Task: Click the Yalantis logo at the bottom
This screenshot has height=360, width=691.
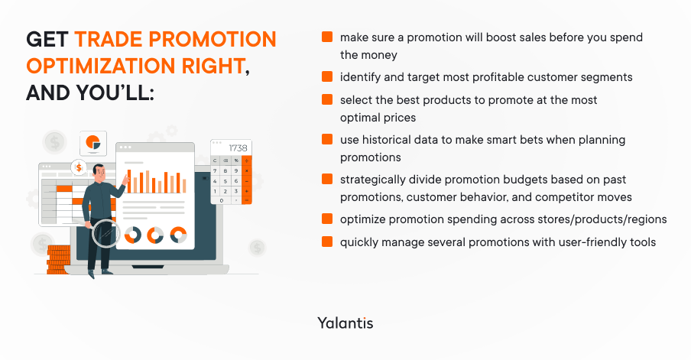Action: [345, 323]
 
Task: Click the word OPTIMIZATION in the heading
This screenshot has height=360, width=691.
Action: [99, 66]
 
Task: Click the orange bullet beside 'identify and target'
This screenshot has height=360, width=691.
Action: [326, 77]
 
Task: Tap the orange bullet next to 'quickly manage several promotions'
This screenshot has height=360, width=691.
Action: [326, 242]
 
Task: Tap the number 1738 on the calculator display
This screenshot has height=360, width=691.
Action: [238, 148]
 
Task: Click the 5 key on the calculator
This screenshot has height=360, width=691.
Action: [225, 180]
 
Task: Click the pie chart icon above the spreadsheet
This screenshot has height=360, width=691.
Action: [93, 143]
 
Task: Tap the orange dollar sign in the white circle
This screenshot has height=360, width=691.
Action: [78, 167]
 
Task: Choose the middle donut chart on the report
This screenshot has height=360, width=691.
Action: [156, 235]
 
